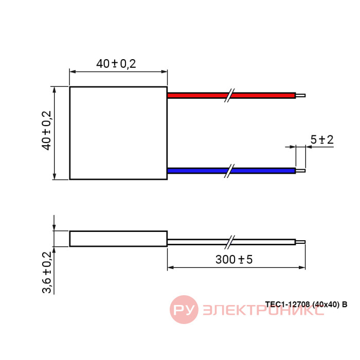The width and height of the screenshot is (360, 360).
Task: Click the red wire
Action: coord(231,95)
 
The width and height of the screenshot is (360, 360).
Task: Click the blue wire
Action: coord(231,171)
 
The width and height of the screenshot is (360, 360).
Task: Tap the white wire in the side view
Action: coord(231,242)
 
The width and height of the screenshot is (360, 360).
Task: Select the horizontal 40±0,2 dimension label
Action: coord(116,64)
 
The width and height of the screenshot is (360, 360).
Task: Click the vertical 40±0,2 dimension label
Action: coord(46,131)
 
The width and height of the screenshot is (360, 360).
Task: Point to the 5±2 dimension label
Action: coord(322,139)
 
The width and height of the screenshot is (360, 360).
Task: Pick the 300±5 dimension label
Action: coord(234,259)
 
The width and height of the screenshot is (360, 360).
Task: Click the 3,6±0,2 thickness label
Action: coord(47,272)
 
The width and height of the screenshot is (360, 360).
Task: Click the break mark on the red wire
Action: coord(229,95)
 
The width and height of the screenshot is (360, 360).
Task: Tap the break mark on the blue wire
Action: coord(229,171)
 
